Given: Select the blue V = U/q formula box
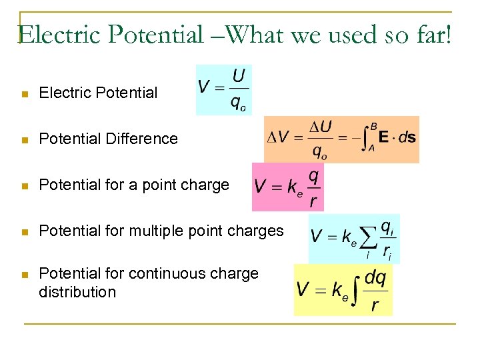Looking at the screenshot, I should coord(224,89).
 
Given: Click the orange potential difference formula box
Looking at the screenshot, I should coord(341,139).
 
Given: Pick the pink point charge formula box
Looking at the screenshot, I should coord(287,185).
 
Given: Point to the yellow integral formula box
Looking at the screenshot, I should coord(343,289).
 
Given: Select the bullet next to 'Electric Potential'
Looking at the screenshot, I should coord(25,94).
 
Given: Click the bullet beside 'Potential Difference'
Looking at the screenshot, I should coord(25,140).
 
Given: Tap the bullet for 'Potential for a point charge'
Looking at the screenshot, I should coord(25,186).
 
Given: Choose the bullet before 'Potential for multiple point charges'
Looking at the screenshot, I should coord(25,232).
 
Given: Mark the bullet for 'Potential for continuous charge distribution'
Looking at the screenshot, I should coord(25,275).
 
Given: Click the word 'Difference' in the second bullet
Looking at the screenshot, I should coord(145,139).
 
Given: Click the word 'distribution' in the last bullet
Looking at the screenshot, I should coord(77,292).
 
